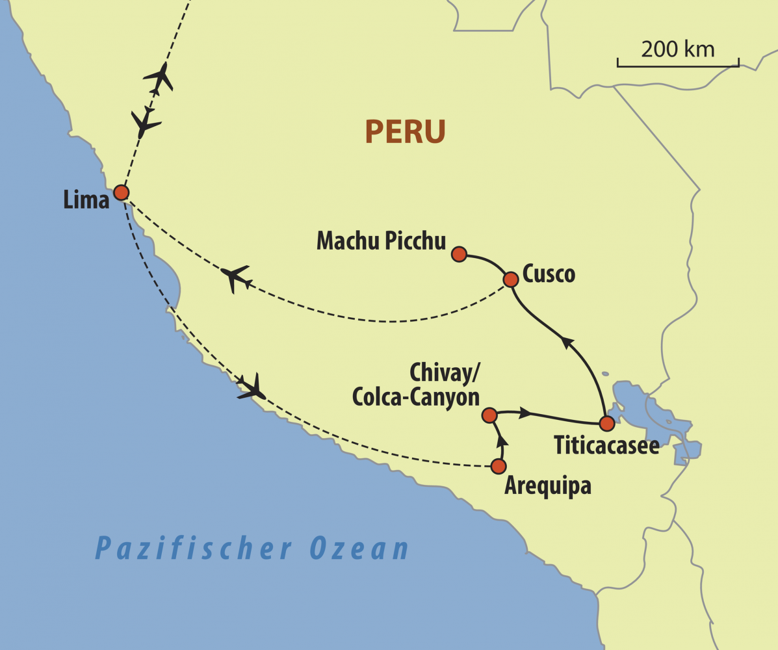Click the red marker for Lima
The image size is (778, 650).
[121, 192]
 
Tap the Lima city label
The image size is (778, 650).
[86, 200]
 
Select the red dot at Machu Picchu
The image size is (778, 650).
[459, 254]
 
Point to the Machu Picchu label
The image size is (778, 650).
[381, 241]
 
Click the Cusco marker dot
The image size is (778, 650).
[511, 279]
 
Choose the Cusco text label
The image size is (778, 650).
[549, 274]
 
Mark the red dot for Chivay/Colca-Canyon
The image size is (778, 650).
[489, 415]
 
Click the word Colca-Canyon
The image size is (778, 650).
[416, 397]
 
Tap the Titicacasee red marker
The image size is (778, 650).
[606, 424]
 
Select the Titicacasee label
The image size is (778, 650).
[606, 446]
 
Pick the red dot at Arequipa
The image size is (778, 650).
[499, 466]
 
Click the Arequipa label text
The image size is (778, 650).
[548, 486]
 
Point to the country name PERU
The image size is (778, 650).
[405, 132]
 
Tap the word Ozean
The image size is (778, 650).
[359, 548]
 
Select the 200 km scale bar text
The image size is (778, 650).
[677, 49]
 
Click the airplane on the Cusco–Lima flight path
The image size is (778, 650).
[235, 278]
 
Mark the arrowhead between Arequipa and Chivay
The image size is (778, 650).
[502, 441]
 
